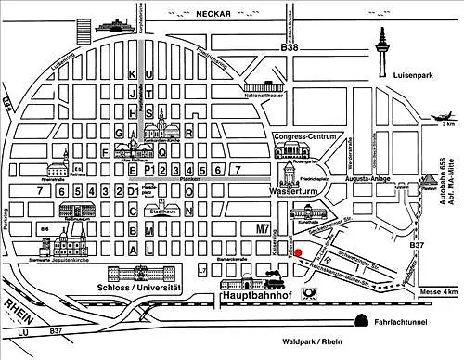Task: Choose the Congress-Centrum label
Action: point(303,136)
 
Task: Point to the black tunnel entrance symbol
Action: point(356,321)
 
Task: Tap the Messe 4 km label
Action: point(436,292)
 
